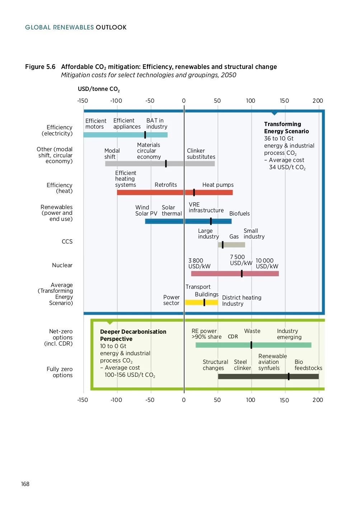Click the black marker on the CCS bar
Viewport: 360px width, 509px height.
(x=223, y=245)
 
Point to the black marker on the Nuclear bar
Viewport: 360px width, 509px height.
(x=242, y=274)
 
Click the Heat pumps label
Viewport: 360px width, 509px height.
(x=218, y=185)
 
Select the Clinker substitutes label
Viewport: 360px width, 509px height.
(x=201, y=154)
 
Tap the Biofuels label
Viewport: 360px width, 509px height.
(x=239, y=214)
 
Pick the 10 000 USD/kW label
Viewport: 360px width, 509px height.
(x=267, y=263)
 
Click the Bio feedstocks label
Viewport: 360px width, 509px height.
(x=308, y=365)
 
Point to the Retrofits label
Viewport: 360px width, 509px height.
(x=166, y=185)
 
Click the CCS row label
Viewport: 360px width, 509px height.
(x=67, y=242)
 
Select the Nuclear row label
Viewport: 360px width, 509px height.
(x=62, y=265)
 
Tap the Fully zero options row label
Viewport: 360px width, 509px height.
(x=60, y=372)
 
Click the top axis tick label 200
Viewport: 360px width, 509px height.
(x=318, y=101)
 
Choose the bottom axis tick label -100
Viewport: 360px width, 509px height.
(x=116, y=400)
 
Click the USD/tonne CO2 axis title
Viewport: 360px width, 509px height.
(x=99, y=89)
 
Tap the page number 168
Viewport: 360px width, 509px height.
(x=25, y=484)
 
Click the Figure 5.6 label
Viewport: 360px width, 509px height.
(x=40, y=67)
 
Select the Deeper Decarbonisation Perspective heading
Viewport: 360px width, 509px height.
(x=133, y=335)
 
